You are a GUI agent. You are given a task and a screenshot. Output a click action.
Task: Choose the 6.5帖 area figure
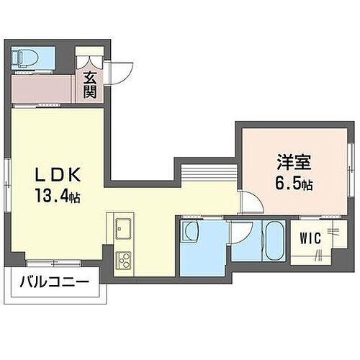pyautogui.click(x=292, y=184)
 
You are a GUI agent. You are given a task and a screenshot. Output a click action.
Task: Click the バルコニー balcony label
pyautogui.click(x=55, y=282)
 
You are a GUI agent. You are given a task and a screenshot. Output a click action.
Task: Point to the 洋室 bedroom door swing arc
pyautogui.click(x=250, y=203)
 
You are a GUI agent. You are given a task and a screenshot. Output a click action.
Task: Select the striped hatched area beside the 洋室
pyautogui.click(x=208, y=174)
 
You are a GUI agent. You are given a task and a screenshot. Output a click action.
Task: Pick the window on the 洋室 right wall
pyautogui.click(x=351, y=161)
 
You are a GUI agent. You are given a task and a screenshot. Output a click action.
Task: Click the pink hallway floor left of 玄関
pyautogui.click(x=43, y=88)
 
